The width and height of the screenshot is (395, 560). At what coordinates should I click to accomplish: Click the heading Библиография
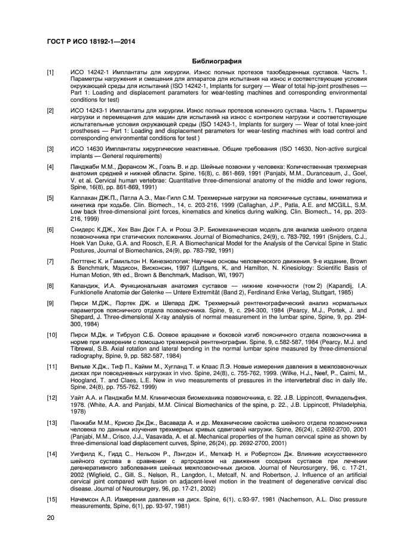[216, 61]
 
